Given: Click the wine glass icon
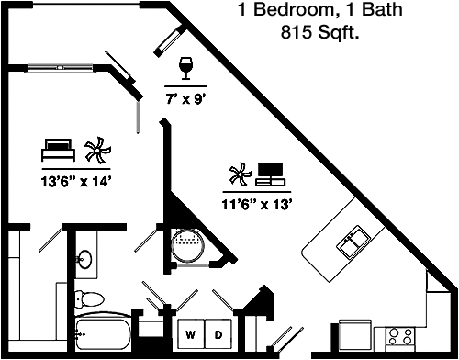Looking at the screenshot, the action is (185, 68).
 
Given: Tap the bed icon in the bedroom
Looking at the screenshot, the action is (58, 150).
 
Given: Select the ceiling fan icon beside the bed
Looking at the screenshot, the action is (97, 150).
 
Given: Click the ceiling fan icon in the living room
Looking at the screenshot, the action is (241, 174).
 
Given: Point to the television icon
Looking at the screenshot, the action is (270, 174).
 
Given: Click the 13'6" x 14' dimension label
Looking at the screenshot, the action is (75, 182).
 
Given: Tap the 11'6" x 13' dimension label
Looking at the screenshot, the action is (256, 205).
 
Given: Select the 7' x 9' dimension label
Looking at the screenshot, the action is (185, 99).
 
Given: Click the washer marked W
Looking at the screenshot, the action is (191, 334).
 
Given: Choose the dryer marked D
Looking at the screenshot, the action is (218, 334).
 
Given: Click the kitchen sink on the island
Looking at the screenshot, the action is (353, 242).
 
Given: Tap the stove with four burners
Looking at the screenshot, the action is (400, 339).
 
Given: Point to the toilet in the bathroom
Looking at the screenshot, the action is (89, 298).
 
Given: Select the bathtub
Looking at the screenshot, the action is (103, 333).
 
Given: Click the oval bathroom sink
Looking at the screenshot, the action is (84, 259).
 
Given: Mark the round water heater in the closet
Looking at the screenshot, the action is (187, 245).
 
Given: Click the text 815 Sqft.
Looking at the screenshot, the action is (319, 32).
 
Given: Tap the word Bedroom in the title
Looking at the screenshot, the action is (294, 9).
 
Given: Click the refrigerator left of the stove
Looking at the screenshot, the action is (355, 334).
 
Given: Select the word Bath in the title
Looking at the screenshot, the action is (382, 9).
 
